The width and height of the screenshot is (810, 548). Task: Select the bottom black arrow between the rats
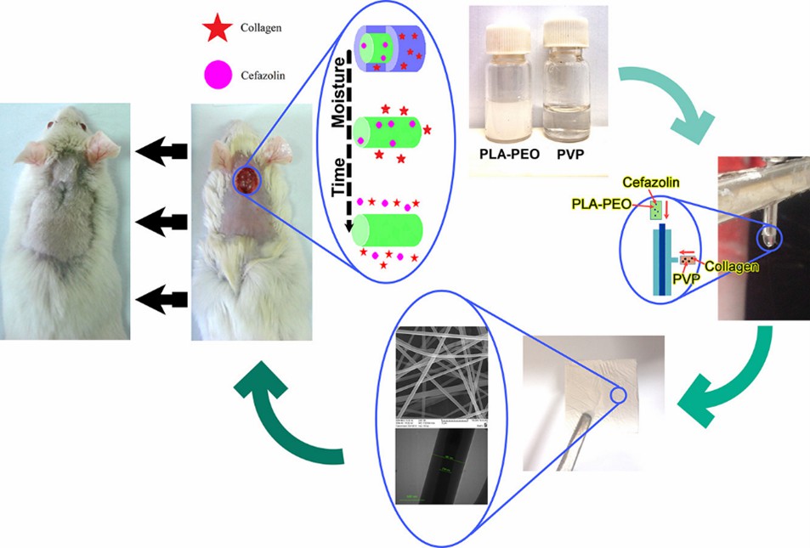(x=162, y=298)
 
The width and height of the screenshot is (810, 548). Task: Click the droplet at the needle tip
(x=768, y=235)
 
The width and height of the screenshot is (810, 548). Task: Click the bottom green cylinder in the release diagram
(x=388, y=230)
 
